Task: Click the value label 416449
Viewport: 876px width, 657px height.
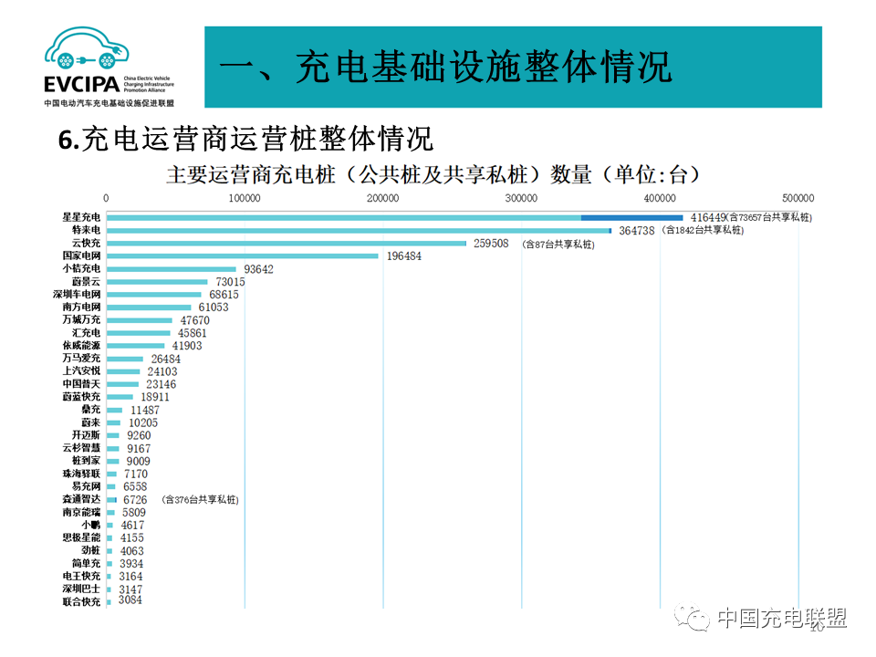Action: pos(707,218)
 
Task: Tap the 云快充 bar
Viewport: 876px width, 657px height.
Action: pos(286,244)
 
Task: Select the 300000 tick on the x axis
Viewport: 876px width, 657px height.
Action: pos(521,198)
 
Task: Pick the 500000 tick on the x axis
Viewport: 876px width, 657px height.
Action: pos(798,198)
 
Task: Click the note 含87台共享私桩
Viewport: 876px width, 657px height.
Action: pos(558,245)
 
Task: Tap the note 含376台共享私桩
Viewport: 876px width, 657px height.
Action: pos(200,500)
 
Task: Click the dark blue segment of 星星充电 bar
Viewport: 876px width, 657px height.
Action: pos(632,218)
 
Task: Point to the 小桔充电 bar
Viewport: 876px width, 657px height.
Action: pos(171,269)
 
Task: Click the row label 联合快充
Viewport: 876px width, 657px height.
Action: pos(81,602)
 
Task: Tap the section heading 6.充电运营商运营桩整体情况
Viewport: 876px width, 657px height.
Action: pos(246,139)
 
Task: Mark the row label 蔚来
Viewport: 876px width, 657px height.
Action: pos(89,423)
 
